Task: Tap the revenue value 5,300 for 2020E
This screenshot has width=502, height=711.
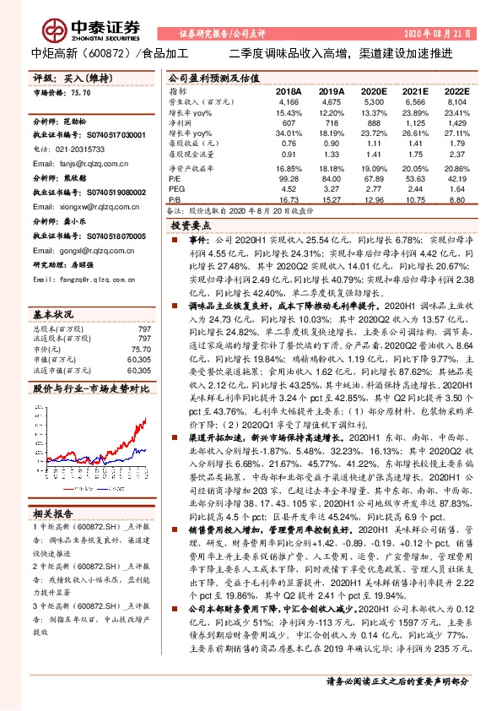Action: [x=371, y=101]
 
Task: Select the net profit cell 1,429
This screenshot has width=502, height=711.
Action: [x=456, y=122]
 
